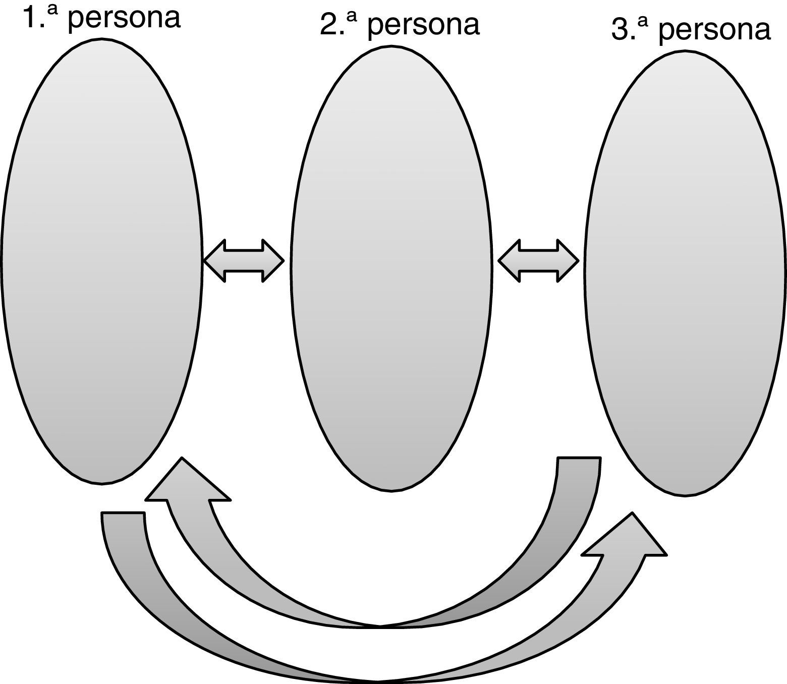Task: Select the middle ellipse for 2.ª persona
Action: coord(391,267)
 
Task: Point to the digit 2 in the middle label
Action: coord(328,25)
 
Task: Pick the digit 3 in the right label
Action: coord(620,30)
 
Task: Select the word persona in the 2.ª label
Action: coord(423,25)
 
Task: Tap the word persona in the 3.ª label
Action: coord(714,30)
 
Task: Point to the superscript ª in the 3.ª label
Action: coord(642,23)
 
